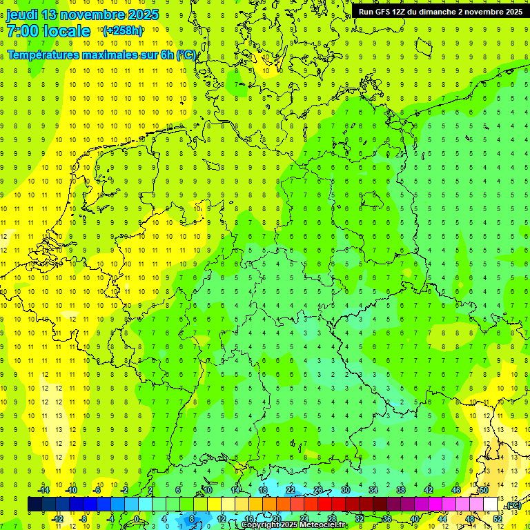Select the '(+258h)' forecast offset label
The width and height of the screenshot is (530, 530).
pos(122,31)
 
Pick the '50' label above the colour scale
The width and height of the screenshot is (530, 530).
pos(484,490)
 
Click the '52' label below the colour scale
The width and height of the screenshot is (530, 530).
pos(498,518)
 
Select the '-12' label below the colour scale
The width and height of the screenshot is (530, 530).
pos(57,518)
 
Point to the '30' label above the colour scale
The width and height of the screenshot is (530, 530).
pos(345,490)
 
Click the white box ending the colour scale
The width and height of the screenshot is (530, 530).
pos(491,504)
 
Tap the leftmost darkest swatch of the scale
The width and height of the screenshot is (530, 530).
pos(35,504)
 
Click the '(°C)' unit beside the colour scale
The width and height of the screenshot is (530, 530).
pos(513,505)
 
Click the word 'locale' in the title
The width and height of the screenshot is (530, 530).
pos(66,31)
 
